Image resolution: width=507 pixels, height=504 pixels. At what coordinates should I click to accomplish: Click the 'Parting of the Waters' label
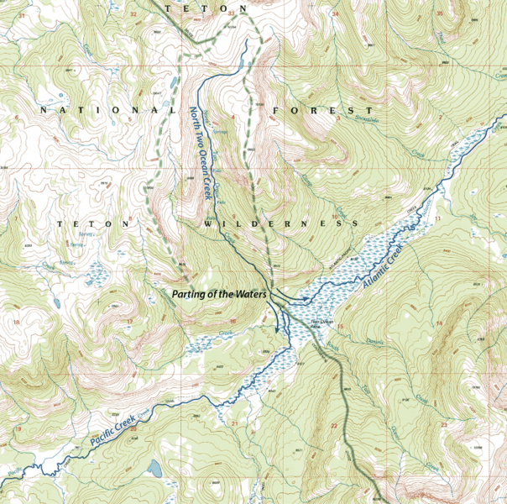[x=218, y=295]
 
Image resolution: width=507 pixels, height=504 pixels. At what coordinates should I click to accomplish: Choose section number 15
[x=341, y=326]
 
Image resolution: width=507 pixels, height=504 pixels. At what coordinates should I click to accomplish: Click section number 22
[x=334, y=427]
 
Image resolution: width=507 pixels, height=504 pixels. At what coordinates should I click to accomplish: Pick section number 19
[x=18, y=429]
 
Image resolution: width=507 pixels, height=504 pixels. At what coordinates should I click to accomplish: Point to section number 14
[x=438, y=323]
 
